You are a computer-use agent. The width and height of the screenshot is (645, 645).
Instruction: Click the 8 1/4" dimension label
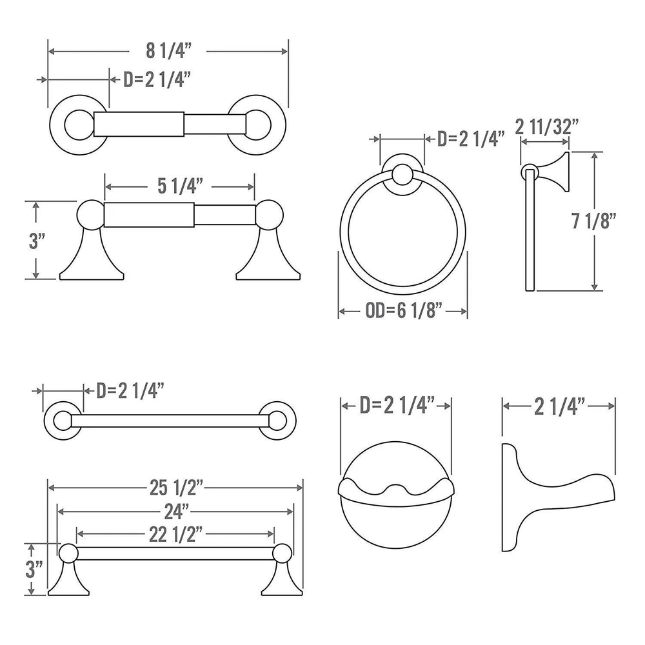(168, 50)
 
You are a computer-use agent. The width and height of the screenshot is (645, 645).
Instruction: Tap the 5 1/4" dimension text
(180, 186)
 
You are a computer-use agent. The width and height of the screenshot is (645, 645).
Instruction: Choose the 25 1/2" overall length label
(177, 488)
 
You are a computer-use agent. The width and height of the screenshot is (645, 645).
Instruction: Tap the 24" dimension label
(177, 511)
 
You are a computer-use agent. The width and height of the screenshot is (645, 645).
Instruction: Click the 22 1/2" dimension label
(175, 534)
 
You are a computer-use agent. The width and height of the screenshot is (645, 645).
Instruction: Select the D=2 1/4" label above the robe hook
(397, 406)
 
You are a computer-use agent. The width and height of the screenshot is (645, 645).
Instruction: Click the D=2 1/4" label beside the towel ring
(471, 139)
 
